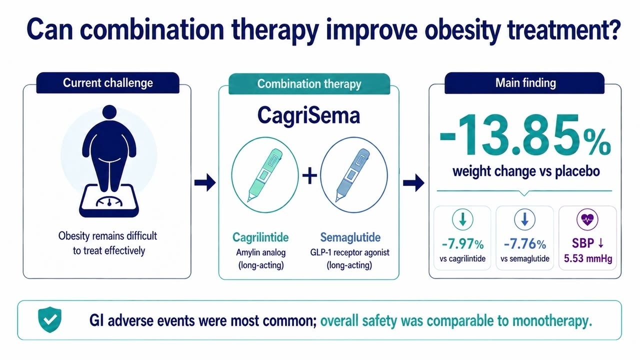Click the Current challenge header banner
pos(107,83)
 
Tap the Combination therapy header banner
pos(309,83)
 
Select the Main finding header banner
pos(524,83)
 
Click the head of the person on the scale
pos(109,112)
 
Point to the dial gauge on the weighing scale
pos(109,201)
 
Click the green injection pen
pos(265,175)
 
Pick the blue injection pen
pos(353,175)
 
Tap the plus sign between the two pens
pos(309,175)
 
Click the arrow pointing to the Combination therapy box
pos(205,182)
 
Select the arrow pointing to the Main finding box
pos(413,182)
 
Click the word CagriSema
pos(308,115)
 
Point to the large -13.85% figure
pos(525,135)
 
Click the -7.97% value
pos(462,244)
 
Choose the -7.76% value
pos(525,244)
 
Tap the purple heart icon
pos(587,219)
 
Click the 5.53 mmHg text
pos(588,258)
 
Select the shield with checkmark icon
pos(49,319)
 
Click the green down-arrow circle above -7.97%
pos(462,219)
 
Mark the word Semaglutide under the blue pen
pos(350,237)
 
